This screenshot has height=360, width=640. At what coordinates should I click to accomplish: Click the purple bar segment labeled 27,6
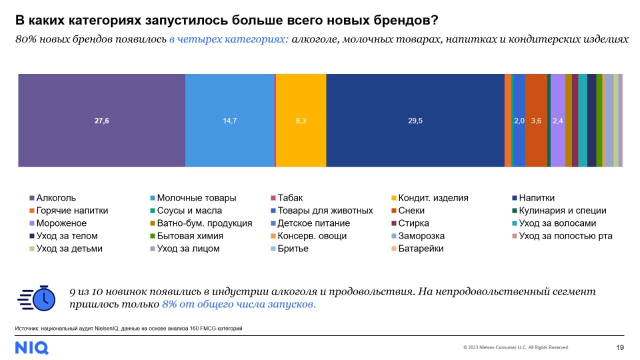tap(101, 120)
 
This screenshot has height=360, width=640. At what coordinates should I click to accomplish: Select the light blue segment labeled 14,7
tap(229, 120)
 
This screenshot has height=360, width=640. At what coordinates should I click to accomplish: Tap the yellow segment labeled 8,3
tap(301, 120)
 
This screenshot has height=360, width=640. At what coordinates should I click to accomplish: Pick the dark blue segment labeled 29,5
tap(415, 120)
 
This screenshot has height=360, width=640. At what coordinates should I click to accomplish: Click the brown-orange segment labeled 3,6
tap(536, 120)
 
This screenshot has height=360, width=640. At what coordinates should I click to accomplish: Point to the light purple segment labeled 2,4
tap(557, 120)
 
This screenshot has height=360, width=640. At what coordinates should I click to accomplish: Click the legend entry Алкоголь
tap(56, 198)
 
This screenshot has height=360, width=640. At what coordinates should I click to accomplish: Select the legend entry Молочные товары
tap(196, 198)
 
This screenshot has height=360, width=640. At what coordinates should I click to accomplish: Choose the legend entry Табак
tap(290, 198)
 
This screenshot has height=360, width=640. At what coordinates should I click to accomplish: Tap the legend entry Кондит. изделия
tap(433, 198)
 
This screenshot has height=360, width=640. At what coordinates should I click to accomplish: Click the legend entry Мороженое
tap(61, 223)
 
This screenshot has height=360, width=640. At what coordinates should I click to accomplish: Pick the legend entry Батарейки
tap(420, 248)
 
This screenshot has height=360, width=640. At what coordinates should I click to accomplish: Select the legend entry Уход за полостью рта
tap(565, 236)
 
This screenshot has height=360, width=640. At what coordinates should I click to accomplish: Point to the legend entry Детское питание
tap(313, 223)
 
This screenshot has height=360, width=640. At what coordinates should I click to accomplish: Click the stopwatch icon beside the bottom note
tap(36, 298)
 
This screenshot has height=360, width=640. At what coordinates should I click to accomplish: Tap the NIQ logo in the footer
tap(31, 347)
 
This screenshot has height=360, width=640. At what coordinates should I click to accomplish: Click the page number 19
tap(620, 347)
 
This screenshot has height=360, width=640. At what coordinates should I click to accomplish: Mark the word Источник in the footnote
tap(26, 328)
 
